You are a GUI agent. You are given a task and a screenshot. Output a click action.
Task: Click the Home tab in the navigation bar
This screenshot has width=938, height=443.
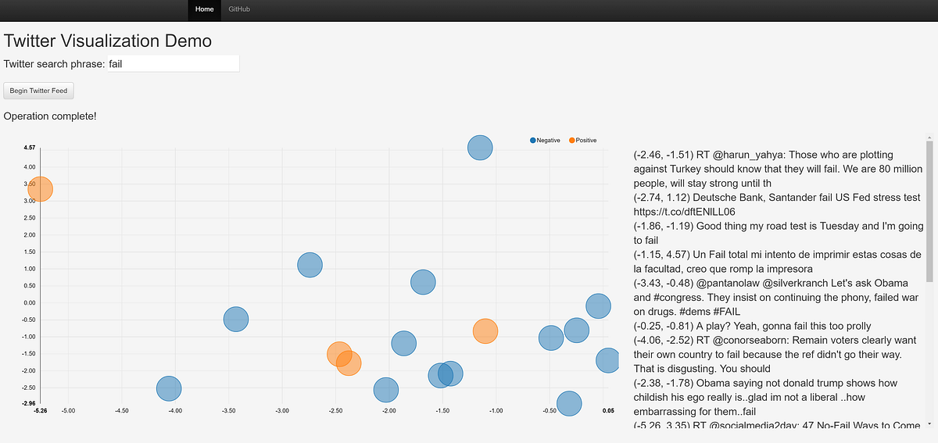pyautogui.click(x=204, y=9)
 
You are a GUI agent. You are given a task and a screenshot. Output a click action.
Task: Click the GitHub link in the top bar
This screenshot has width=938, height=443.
pyautogui.click(x=239, y=9)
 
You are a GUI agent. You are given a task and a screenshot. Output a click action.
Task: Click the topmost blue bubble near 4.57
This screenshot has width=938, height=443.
pyautogui.click(x=480, y=147)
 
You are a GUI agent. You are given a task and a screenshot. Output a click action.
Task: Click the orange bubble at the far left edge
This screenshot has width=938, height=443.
pyautogui.click(x=40, y=188)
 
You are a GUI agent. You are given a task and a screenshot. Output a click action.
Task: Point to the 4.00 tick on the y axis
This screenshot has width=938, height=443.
pyautogui.click(x=30, y=167)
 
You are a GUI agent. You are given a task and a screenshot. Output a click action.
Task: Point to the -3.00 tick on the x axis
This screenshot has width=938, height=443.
pyautogui.click(x=282, y=410)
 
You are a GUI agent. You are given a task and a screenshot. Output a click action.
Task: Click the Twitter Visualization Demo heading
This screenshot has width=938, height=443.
pyautogui.click(x=108, y=41)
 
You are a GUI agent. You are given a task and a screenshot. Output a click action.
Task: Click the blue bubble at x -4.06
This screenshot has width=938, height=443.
pyautogui.click(x=169, y=388)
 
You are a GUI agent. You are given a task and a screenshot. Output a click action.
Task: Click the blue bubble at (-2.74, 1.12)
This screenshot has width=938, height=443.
pyautogui.click(x=310, y=265)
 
